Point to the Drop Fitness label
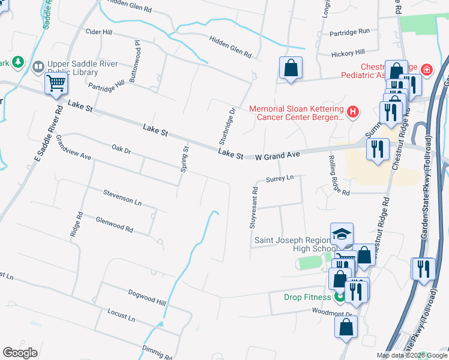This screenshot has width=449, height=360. point(307,297)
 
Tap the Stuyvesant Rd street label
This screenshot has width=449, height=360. point(255,208)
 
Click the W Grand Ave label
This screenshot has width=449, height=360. point(277,155)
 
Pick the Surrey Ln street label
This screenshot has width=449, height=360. point(279,178)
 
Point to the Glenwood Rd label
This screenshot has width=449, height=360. point(114,224)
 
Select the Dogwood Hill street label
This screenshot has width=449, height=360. point(146,296)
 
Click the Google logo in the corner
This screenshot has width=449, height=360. point(20,353)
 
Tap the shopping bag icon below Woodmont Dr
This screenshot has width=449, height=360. point(346,328)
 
